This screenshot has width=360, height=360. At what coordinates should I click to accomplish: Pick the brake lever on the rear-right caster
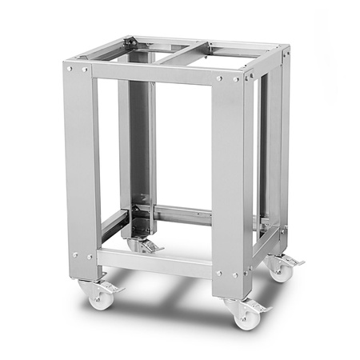point(295,261)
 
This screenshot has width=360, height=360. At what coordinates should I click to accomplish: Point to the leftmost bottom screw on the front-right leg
point(221,274)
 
